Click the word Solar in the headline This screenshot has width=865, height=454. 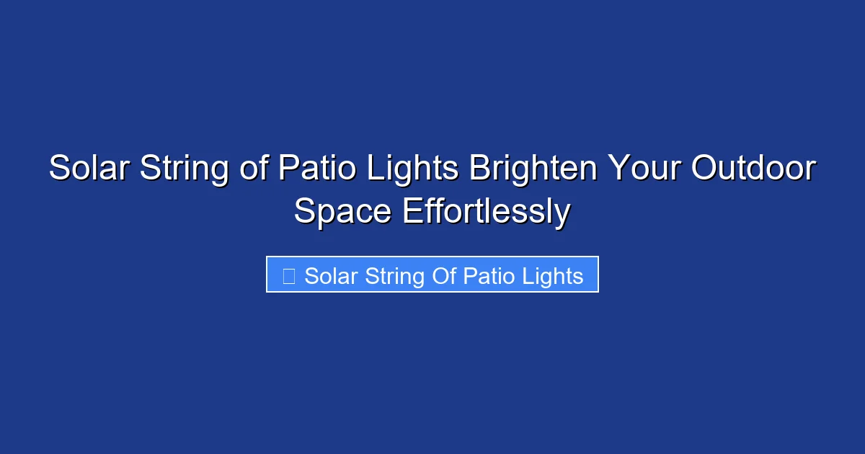click(89, 169)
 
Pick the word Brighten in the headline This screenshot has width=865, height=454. click(533, 169)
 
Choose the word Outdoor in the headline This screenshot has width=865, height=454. click(754, 169)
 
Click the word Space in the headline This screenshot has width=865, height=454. click(343, 212)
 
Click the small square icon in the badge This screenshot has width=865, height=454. click(288, 275)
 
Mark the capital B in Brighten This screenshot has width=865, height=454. click(479, 169)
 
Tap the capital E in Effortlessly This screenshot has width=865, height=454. click(412, 212)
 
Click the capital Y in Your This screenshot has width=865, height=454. click(619, 169)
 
